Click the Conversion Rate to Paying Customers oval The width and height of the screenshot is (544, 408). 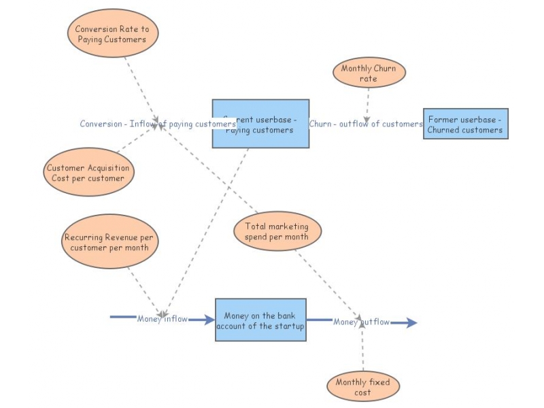pos(113,35)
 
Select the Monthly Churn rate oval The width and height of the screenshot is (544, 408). pos(369,73)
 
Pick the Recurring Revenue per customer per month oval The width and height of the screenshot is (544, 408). pos(109,243)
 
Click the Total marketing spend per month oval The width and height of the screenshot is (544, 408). pos(277,231)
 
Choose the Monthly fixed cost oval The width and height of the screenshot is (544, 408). pos(362,387)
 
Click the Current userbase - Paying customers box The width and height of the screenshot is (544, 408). pos(260,124)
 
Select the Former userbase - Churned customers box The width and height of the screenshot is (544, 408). pos(465,124)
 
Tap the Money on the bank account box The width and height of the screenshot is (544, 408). pos(260,320)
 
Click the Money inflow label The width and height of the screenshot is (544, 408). pos(162,319)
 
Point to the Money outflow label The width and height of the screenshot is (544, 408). pos(361,322)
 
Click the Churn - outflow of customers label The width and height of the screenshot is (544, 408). pos(366,124)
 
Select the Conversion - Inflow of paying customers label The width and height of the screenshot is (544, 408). pos(157,124)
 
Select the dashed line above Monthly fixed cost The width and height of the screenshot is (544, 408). pos(362,350)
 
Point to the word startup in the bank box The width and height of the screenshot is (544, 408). pos(288,326)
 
